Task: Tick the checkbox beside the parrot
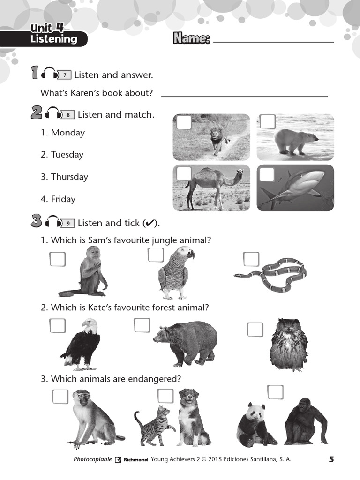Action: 156,255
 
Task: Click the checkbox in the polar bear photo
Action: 267,122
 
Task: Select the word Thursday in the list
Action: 69,177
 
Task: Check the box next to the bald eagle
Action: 57,326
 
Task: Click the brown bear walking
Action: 186,342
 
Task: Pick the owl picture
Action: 288,345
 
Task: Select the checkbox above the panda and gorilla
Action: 275,392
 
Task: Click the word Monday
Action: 68,133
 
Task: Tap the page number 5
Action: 331,459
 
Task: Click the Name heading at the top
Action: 191,38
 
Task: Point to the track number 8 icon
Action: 68,115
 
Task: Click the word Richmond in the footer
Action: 135,460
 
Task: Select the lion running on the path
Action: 218,139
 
